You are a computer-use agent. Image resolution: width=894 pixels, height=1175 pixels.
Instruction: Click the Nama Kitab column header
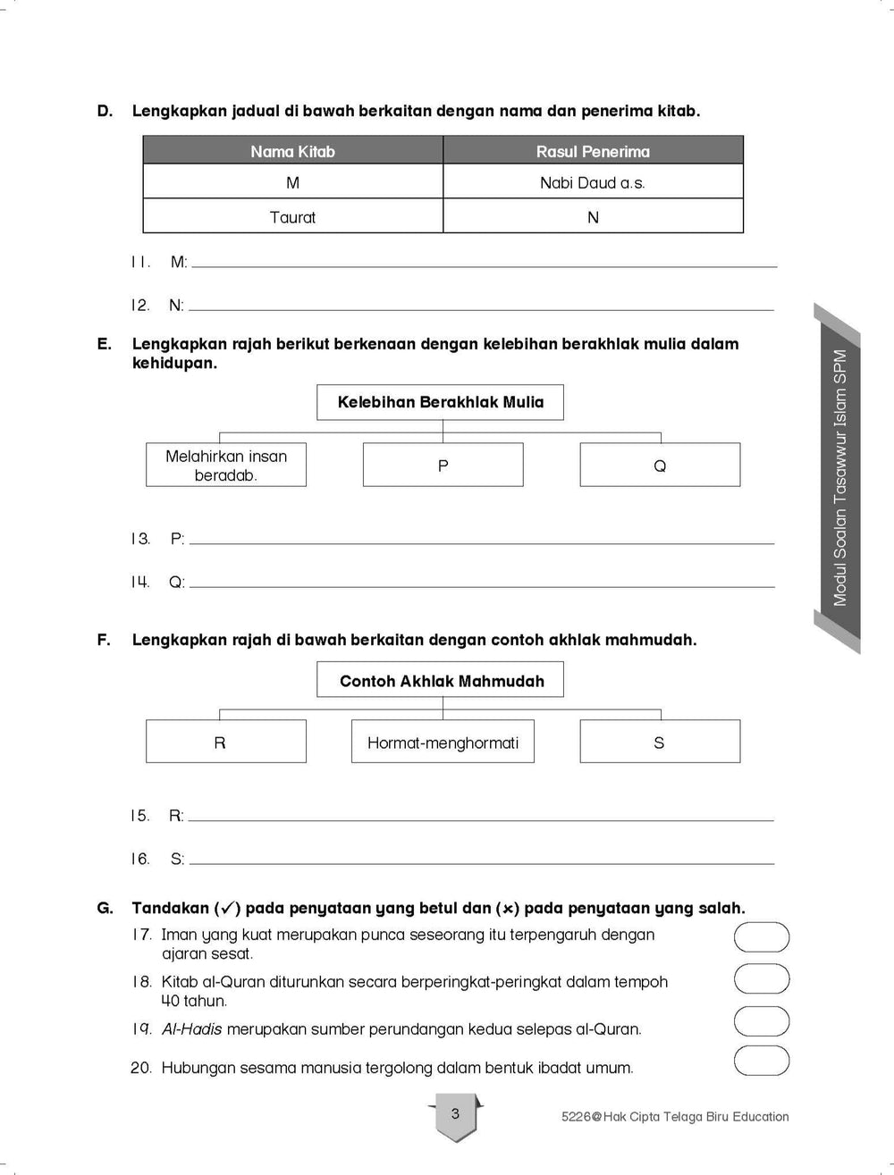tap(292, 151)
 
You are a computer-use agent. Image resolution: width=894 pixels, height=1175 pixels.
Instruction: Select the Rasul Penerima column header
tap(593, 151)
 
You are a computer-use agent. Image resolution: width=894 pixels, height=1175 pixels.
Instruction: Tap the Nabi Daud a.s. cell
tap(593, 182)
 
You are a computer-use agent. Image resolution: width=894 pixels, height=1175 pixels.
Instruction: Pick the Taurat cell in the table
tap(292, 217)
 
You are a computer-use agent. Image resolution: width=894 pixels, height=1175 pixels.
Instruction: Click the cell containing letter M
tap(292, 182)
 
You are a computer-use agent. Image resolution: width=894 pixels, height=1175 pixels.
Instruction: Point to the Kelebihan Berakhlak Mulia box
tap(440, 402)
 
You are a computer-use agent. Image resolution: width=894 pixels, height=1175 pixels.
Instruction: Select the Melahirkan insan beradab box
tap(226, 466)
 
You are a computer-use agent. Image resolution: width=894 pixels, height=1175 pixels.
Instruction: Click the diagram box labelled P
tap(443, 466)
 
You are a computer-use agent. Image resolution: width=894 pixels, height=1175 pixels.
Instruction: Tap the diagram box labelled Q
tap(660, 466)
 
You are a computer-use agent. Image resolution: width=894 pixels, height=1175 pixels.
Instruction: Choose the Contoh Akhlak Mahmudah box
tap(441, 681)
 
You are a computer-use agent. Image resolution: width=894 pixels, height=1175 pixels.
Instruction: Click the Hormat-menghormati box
tap(443, 743)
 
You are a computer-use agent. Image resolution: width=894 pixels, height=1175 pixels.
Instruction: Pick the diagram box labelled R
tap(226, 743)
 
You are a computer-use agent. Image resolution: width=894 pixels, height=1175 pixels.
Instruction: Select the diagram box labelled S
tap(660, 743)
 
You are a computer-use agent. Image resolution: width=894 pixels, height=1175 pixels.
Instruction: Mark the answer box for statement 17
tap(762, 937)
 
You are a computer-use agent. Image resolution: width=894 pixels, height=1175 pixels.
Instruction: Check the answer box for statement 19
tap(762, 1021)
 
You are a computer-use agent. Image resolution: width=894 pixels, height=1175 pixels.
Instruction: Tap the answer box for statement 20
tap(762, 1061)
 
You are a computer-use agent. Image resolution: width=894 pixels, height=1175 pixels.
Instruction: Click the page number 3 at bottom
tap(455, 1114)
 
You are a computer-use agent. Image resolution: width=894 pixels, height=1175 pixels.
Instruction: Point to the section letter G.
tap(105, 908)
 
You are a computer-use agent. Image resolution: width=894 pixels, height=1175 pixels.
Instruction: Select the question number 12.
tap(139, 306)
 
